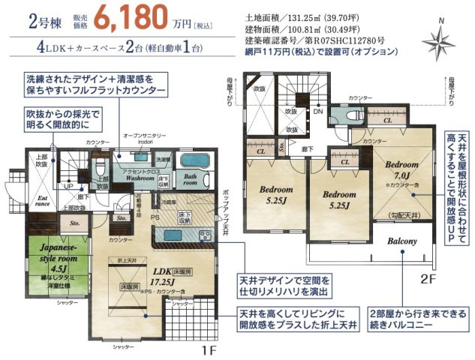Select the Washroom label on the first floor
[139, 180]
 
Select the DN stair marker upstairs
[318, 111]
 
